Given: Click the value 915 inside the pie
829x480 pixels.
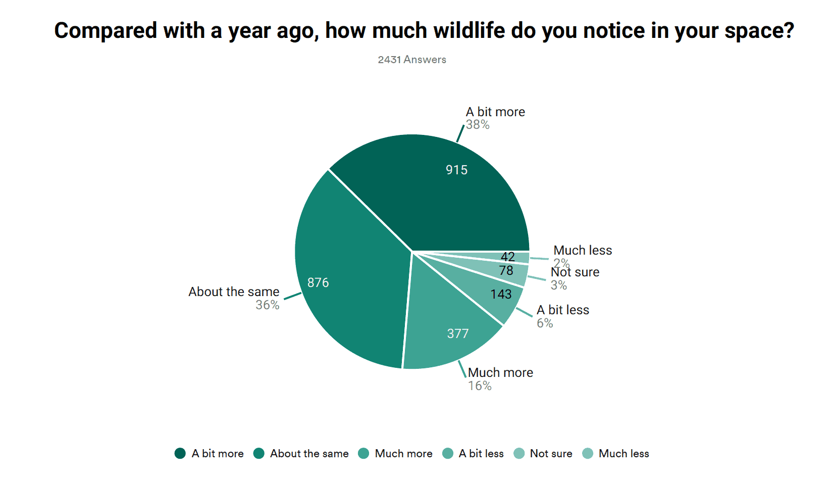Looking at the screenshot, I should click(456, 170).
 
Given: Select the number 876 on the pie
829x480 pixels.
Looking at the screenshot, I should click(318, 282).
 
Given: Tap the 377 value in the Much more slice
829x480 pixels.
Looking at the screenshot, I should click(458, 333).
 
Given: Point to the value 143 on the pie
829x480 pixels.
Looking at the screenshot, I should click(501, 294).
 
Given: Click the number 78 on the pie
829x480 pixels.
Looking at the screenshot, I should click(506, 270).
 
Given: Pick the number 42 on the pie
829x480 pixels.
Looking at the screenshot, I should click(507, 257).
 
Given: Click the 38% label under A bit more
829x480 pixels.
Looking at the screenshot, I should click(478, 125).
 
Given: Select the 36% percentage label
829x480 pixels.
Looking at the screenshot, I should click(267, 305).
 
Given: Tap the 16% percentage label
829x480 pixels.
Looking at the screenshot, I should click(480, 386).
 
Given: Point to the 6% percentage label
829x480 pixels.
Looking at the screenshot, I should click(545, 323).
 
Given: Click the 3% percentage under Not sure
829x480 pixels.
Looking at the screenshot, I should click(558, 285).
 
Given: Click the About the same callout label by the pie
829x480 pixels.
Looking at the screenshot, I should click(234, 292).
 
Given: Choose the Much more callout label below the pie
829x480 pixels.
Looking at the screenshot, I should click(500, 372).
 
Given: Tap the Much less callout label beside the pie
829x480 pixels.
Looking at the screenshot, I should click(583, 250).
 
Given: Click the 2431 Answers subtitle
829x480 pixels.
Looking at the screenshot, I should click(412, 60).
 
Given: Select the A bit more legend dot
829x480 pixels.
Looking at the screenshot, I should click(180, 453).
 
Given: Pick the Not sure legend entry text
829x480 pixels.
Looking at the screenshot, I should click(551, 454).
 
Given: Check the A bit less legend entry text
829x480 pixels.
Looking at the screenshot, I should click(481, 454).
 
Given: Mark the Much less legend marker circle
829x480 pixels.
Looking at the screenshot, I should click(588, 453).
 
